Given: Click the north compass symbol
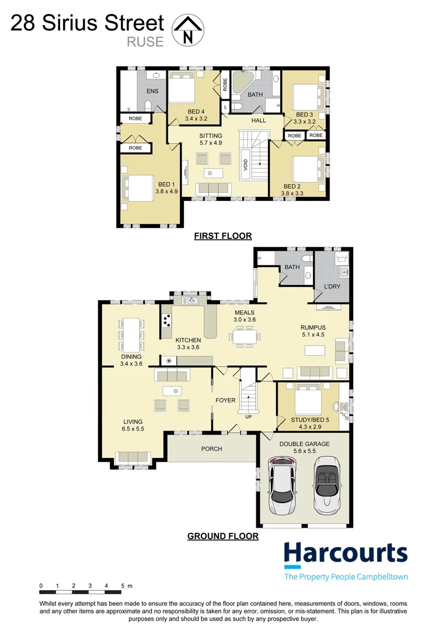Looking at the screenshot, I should (187, 31).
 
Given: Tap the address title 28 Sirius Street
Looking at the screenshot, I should (88, 23).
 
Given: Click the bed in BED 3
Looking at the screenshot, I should (305, 95).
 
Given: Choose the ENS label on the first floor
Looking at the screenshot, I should (152, 91).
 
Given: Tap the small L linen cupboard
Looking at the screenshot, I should (225, 108).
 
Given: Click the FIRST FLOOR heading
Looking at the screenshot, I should (222, 236).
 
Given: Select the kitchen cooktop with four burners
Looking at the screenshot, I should (168, 320).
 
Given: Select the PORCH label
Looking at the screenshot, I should (211, 449).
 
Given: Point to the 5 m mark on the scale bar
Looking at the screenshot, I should (123, 585).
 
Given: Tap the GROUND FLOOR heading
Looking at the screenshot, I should (222, 536).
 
